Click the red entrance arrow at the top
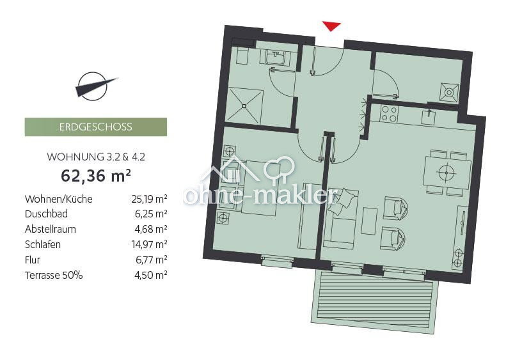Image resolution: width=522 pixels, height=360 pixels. (x=331, y=26)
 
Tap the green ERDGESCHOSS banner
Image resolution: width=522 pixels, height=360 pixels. (x=96, y=127)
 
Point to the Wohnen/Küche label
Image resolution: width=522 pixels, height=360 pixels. (x=58, y=199)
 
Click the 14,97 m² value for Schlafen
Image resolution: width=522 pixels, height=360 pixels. (x=149, y=245)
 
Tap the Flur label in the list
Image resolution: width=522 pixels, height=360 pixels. (x=32, y=260)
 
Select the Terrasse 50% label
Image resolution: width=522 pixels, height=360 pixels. (x=54, y=276)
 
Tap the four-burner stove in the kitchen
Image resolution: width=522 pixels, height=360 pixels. (x=388, y=114)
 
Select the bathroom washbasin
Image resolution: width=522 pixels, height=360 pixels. (x=277, y=58)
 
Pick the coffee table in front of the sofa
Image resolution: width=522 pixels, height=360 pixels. (x=369, y=221)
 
